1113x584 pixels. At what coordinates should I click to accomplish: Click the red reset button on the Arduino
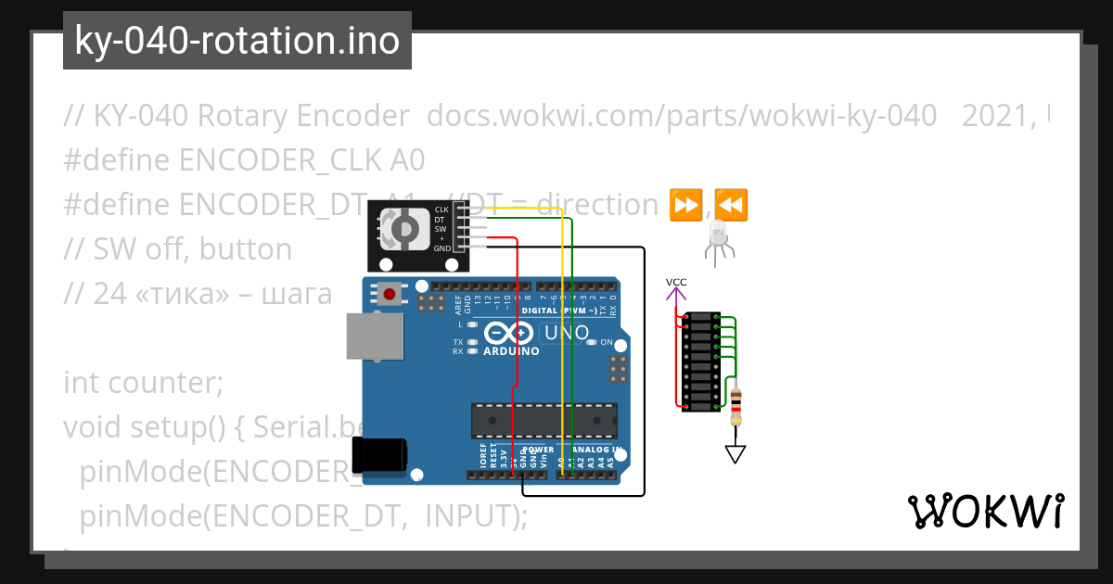click(x=390, y=295)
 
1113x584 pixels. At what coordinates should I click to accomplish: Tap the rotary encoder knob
click(x=404, y=228)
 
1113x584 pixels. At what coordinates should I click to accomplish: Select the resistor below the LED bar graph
click(x=736, y=405)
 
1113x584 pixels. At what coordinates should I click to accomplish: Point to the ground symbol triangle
click(x=736, y=453)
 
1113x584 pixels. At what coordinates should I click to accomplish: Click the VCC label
click(x=676, y=281)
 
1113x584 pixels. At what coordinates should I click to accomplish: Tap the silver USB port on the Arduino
click(x=375, y=336)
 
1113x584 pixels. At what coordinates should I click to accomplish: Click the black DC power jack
click(x=379, y=455)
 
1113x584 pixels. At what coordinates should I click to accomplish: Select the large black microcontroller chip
click(x=544, y=419)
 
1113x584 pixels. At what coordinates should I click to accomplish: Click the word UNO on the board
click(x=568, y=333)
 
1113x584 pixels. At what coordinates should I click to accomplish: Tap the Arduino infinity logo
click(x=509, y=334)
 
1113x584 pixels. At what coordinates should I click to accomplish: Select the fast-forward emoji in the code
click(x=685, y=205)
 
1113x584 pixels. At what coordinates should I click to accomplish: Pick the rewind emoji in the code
click(x=732, y=205)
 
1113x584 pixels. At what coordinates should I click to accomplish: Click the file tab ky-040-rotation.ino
click(x=237, y=41)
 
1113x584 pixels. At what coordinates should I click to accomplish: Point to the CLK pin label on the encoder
click(x=441, y=209)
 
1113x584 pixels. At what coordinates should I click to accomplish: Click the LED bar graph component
click(x=700, y=362)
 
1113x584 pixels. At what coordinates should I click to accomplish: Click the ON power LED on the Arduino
click(x=593, y=342)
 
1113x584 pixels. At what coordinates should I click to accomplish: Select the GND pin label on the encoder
click(x=441, y=248)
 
